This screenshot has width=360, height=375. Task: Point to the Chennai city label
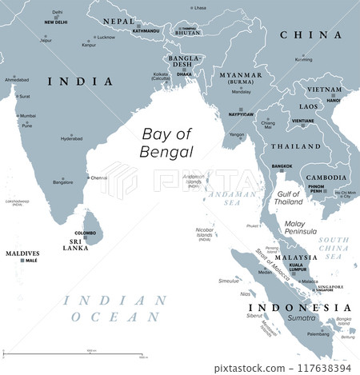(x=100, y=178)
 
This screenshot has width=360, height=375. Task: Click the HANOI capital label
(x=333, y=102)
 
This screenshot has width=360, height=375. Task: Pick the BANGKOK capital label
(x=282, y=166)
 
